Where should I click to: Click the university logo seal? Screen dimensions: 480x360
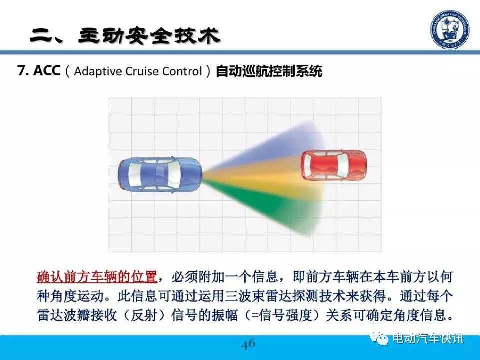450,29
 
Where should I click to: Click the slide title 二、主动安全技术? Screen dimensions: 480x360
125,36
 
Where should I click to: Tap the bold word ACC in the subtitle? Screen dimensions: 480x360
47,70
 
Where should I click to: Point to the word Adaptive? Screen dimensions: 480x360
98,72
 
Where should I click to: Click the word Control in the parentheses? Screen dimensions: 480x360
182,71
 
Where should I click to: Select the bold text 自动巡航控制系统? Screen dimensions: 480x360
269,71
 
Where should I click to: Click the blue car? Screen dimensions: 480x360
160,175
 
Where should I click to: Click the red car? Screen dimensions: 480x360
334,165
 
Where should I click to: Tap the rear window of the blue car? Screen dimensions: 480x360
133,175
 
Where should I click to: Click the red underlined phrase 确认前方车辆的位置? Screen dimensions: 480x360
97,277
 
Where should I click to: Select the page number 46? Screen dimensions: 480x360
248,344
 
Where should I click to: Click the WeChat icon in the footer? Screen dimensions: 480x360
379,338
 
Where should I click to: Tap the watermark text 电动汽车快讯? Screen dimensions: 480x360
428,338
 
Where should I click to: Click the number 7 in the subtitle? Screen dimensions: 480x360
21,70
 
